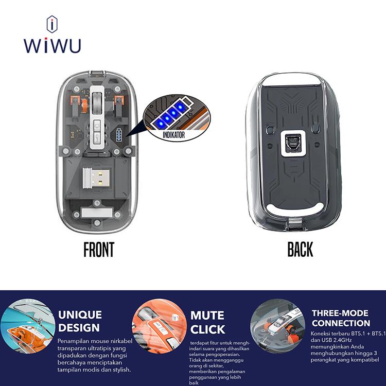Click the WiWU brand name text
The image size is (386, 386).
[52, 45]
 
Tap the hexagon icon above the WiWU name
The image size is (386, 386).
[52, 24]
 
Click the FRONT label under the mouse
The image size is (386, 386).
[99, 250]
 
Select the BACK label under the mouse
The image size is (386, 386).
[300, 250]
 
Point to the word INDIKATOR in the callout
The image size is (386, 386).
[173, 135]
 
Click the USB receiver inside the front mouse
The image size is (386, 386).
[96, 178]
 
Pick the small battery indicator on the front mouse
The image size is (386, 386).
[119, 135]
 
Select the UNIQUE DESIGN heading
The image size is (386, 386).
[80, 321]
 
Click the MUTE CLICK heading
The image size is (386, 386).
[207, 322]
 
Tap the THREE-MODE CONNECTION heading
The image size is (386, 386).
[341, 318]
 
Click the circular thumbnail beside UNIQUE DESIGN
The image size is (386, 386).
[28, 326]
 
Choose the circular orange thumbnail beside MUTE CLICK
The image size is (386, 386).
[160, 326]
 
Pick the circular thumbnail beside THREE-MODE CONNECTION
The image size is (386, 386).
[278, 326]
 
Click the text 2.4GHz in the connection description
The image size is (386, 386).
[343, 340]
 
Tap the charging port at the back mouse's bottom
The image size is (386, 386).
[295, 225]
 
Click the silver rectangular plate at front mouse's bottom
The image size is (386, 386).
[97, 213]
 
